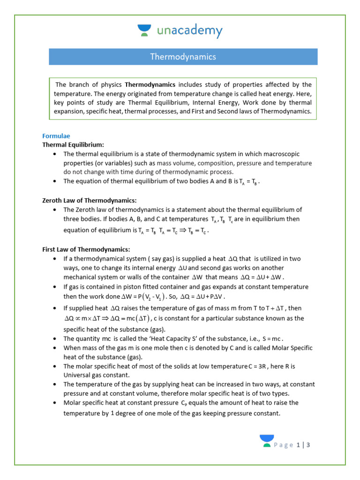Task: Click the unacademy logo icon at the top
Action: click(x=144, y=31)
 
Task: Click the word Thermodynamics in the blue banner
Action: click(x=183, y=57)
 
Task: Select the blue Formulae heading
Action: click(x=56, y=136)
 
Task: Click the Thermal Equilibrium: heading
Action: click(x=74, y=145)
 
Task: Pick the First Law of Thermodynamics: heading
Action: click(x=86, y=249)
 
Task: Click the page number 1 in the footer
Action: click(x=298, y=445)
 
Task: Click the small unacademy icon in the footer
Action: click(x=267, y=441)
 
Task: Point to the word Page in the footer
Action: click(x=284, y=445)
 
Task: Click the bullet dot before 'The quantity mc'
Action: click(x=56, y=339)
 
